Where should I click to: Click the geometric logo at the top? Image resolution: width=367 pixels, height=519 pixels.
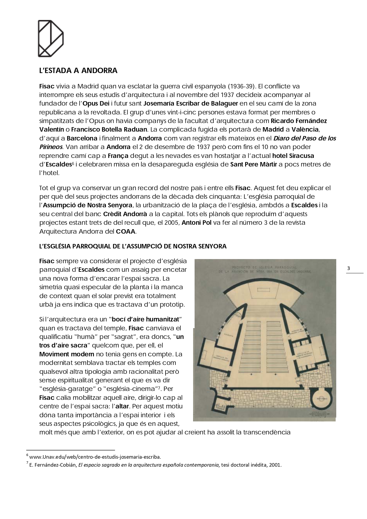51,38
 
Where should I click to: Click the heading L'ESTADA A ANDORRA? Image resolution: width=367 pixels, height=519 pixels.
78,71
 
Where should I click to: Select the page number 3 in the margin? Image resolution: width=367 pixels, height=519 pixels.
348,269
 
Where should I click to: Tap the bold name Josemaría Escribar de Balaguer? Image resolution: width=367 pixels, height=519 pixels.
190,104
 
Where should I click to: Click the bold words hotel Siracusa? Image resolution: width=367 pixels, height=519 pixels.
293,156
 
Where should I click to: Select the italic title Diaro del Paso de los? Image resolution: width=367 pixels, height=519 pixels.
305,138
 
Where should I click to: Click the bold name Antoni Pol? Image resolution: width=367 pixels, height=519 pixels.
196,222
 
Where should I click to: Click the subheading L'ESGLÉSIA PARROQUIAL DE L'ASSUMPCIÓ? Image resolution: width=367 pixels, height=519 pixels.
133,246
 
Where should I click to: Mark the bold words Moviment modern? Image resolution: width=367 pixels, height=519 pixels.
67,354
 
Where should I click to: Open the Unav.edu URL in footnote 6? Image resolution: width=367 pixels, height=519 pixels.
95,457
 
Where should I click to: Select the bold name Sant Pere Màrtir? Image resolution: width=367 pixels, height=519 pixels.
253,164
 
